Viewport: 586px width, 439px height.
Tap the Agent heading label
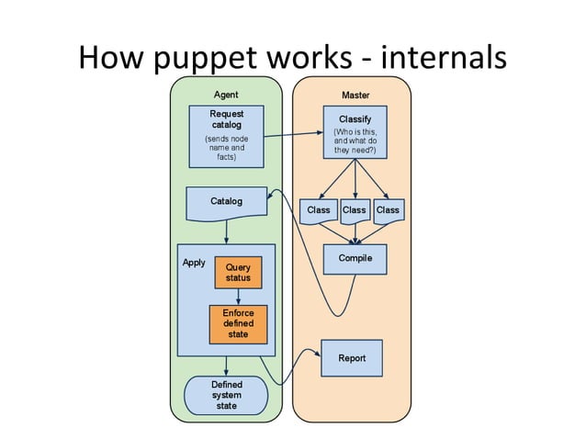point(226,95)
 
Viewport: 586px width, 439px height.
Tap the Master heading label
point(355,95)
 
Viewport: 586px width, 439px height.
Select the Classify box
point(355,133)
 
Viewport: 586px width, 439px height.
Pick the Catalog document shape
point(226,203)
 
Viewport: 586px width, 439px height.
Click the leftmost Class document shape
point(318,210)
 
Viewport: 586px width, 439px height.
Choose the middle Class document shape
point(355,210)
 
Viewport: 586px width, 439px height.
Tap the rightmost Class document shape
point(389,210)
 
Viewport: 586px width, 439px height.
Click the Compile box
point(355,259)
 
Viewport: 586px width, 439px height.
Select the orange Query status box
point(238,272)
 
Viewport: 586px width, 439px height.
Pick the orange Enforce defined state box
point(238,323)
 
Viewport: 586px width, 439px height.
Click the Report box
point(351,358)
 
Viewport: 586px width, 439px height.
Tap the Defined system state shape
point(226,395)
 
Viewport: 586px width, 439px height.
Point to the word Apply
point(194,263)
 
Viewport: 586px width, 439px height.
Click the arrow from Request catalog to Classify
point(294,135)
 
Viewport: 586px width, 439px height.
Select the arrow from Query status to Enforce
point(238,297)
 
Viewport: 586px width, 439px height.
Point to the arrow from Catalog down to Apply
point(226,233)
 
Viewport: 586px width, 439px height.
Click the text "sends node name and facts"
point(226,148)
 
